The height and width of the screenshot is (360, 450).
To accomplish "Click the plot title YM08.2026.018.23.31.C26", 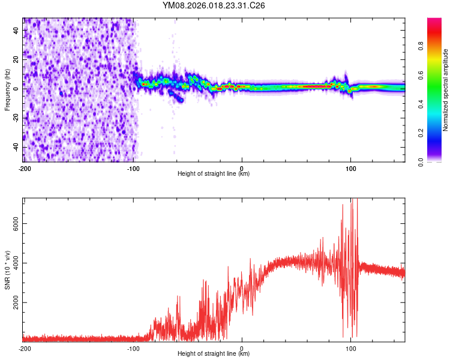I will click(x=214, y=5).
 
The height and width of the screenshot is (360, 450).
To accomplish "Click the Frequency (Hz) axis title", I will click(x=7, y=90).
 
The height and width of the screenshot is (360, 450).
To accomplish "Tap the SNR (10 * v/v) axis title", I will click(x=7, y=270).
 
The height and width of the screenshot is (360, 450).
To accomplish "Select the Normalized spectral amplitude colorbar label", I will click(x=446, y=90).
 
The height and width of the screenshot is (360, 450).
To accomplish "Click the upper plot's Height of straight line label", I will click(x=214, y=174).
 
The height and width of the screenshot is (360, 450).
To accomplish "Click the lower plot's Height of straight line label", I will click(x=214, y=354).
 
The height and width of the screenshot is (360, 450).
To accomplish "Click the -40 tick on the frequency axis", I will click(x=16, y=147).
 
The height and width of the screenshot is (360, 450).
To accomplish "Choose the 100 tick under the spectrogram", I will click(x=350, y=167).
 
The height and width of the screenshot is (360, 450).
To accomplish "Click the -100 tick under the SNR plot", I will click(x=133, y=348).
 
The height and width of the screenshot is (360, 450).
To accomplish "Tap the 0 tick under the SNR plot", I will click(x=242, y=348).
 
